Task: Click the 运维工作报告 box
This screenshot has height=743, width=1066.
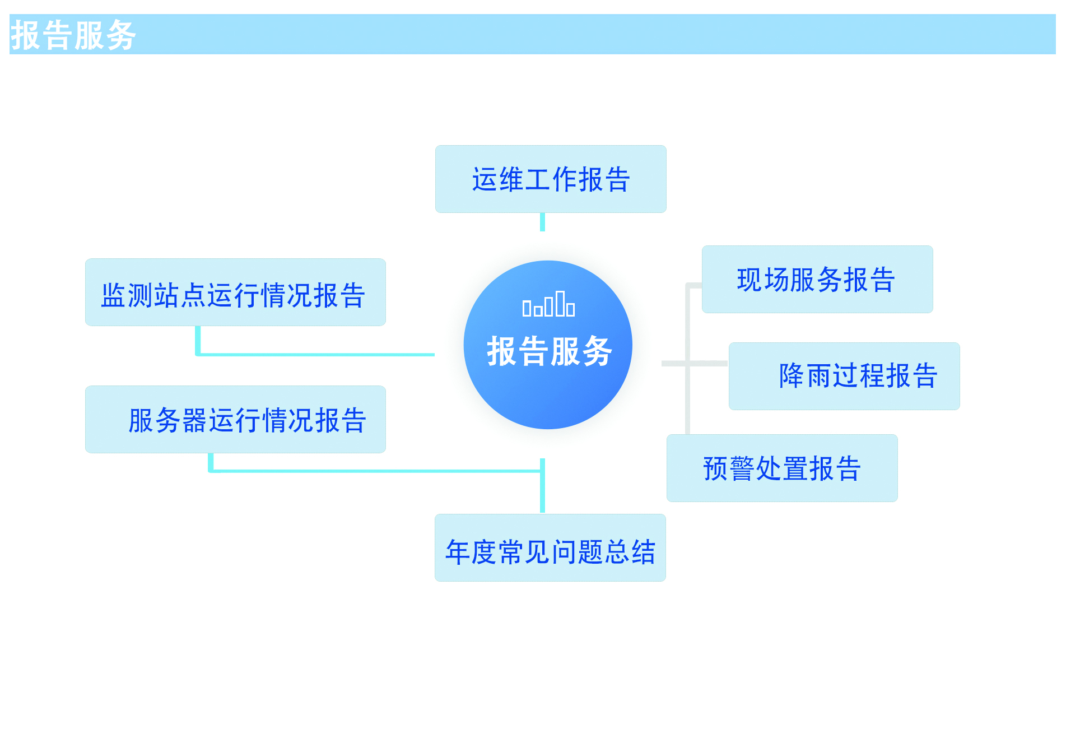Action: pos(551,179)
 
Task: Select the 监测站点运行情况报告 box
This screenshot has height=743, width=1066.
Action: pos(235,292)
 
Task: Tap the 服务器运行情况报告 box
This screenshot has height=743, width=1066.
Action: pos(235,420)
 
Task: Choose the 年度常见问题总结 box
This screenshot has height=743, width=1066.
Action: pos(550,548)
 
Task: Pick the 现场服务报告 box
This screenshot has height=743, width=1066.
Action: pos(817,280)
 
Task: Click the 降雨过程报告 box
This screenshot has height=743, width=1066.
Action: pos(844,376)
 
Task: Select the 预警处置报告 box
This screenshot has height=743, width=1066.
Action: pos(782,468)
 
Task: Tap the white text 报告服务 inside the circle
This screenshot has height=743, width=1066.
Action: pos(549,351)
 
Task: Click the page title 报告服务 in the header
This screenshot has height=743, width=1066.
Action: pos(73,35)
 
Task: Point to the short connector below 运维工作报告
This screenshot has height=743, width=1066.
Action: pos(542,222)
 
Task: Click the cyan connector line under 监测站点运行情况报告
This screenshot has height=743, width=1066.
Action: pos(314,354)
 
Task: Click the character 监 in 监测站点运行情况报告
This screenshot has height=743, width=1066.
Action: pos(113,295)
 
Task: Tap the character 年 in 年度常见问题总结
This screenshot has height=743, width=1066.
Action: pos(458,552)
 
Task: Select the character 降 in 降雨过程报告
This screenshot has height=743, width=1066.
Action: pos(792,375)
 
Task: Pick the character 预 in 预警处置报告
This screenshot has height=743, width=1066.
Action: pos(715,468)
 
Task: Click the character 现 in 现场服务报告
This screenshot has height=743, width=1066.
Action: pos(750,280)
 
